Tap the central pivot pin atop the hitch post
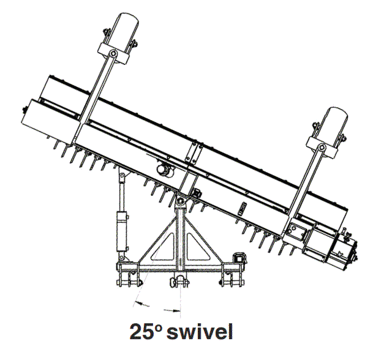coord(180,201)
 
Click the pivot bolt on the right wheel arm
coord(321,147)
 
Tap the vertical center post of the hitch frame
coord(181,239)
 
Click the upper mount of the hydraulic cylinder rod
coord(122,178)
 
